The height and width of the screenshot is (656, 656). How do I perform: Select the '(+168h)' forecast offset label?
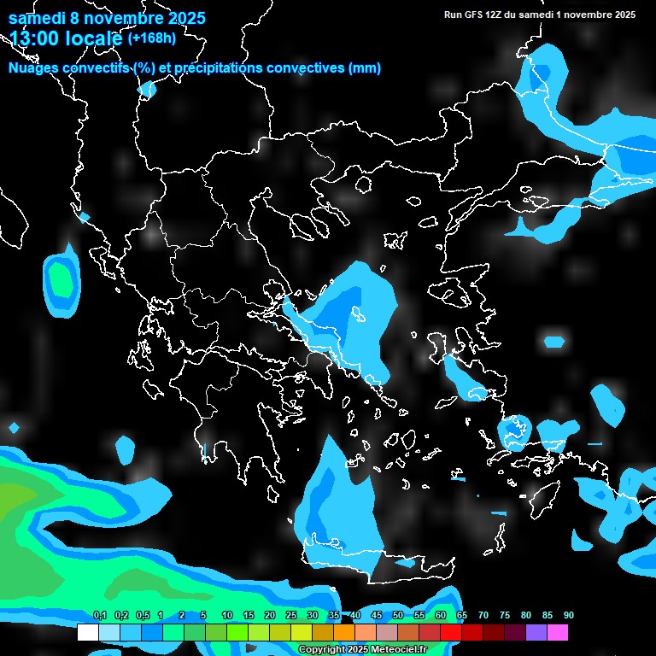[x=151, y=38]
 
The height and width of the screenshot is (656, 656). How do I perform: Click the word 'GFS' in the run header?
[x=473, y=15]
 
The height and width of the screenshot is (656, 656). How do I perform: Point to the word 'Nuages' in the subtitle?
[x=33, y=68]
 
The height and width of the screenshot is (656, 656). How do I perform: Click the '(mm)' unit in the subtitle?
[x=365, y=68]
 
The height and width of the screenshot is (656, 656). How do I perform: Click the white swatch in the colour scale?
[x=87, y=633]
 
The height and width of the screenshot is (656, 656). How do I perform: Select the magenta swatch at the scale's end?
[x=558, y=633]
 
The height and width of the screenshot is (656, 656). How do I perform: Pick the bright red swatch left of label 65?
[x=451, y=633]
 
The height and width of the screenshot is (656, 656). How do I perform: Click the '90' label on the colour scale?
[x=569, y=616]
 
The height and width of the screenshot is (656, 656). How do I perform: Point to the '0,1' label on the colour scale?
[x=99, y=616]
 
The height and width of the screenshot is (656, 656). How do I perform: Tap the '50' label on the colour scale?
[x=398, y=616]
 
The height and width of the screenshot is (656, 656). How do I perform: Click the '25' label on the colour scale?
[x=291, y=616]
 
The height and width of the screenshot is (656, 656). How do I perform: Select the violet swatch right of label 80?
[x=536, y=633]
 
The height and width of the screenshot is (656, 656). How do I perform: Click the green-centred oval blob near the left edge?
[x=60, y=280]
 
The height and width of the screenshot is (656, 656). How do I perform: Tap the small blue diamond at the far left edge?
[x=14, y=427]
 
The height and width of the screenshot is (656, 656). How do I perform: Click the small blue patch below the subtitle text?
[x=147, y=89]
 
